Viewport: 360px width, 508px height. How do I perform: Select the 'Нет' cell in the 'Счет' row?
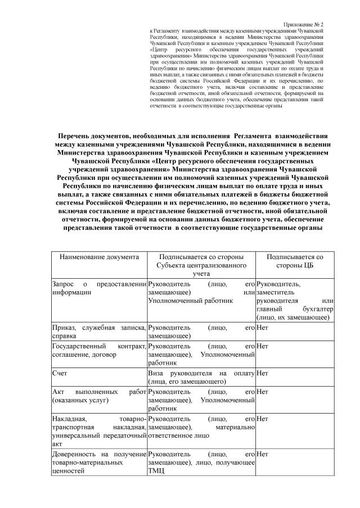click(x=262, y=372)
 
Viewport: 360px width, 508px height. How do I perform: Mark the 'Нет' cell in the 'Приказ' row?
click(x=262, y=326)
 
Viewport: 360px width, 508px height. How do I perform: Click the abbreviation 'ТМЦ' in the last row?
click(x=156, y=471)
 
